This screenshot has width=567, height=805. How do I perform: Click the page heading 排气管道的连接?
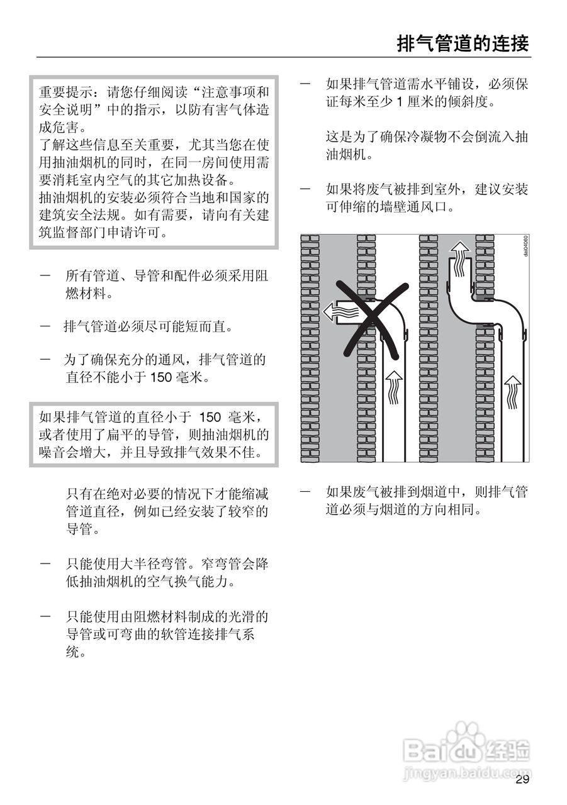point(463,43)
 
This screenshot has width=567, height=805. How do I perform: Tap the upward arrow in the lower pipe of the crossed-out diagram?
point(393,386)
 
